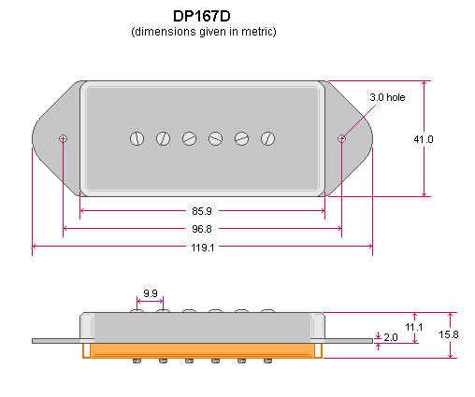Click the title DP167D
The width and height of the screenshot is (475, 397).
[204, 17]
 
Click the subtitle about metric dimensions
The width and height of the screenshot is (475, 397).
[204, 32]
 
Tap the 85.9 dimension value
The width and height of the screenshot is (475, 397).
[202, 210]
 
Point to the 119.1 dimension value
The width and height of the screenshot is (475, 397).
[202, 248]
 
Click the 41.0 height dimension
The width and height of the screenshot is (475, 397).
[424, 139]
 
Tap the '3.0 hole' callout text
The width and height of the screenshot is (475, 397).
[388, 97]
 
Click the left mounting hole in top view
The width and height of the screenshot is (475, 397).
[63, 139]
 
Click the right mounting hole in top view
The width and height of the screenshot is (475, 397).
[341, 139]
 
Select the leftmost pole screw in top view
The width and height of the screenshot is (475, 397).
[137, 139]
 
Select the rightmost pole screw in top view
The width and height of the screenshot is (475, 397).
[267, 139]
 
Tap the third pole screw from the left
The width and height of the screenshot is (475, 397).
[189, 139]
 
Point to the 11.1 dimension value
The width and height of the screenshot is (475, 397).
[415, 327]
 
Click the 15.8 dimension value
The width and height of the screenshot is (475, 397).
[449, 334]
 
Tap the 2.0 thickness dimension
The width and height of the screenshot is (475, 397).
[391, 336]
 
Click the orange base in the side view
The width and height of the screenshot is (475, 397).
[202, 349]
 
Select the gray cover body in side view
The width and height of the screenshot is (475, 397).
[202, 326]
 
